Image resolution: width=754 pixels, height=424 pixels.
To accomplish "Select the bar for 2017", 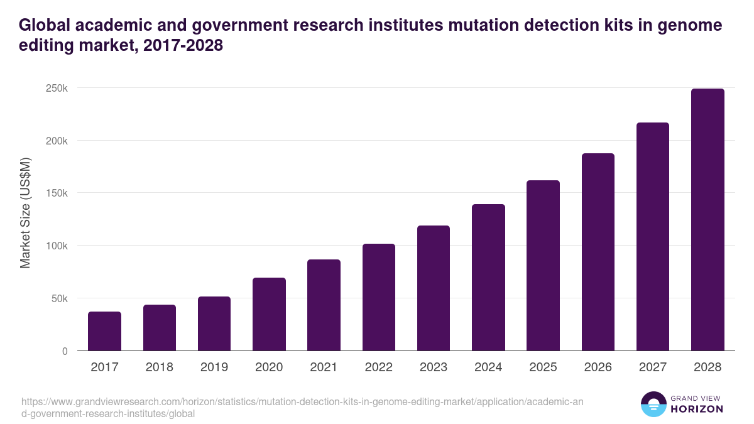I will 104,331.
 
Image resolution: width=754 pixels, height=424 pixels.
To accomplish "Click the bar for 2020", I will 269,314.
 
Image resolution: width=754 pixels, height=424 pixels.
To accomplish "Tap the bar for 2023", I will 434,288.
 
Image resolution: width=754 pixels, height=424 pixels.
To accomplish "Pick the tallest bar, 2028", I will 708,220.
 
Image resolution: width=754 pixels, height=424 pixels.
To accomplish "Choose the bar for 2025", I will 543,265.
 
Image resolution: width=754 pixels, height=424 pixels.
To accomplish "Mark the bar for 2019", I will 214,323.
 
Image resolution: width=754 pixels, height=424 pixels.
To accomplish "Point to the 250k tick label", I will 57,88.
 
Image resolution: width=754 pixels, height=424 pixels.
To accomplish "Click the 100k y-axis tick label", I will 57,246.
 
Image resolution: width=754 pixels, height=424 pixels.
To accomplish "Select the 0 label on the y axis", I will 64,351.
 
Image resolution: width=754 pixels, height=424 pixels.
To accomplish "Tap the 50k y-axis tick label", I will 58,298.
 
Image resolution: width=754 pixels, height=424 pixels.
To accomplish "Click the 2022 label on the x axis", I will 379,367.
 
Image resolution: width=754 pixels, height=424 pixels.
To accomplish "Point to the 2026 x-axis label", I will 598,367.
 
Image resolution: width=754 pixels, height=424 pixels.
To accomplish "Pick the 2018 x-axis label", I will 160,367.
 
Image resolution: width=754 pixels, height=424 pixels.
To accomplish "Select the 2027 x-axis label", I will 653,367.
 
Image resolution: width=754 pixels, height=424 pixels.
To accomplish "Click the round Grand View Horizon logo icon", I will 653,404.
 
